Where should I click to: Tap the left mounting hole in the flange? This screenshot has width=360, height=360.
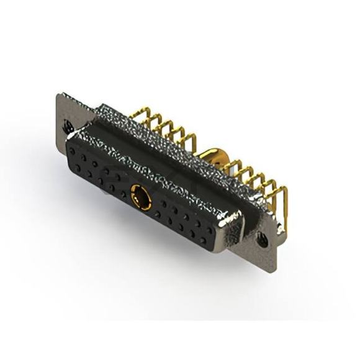69,127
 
